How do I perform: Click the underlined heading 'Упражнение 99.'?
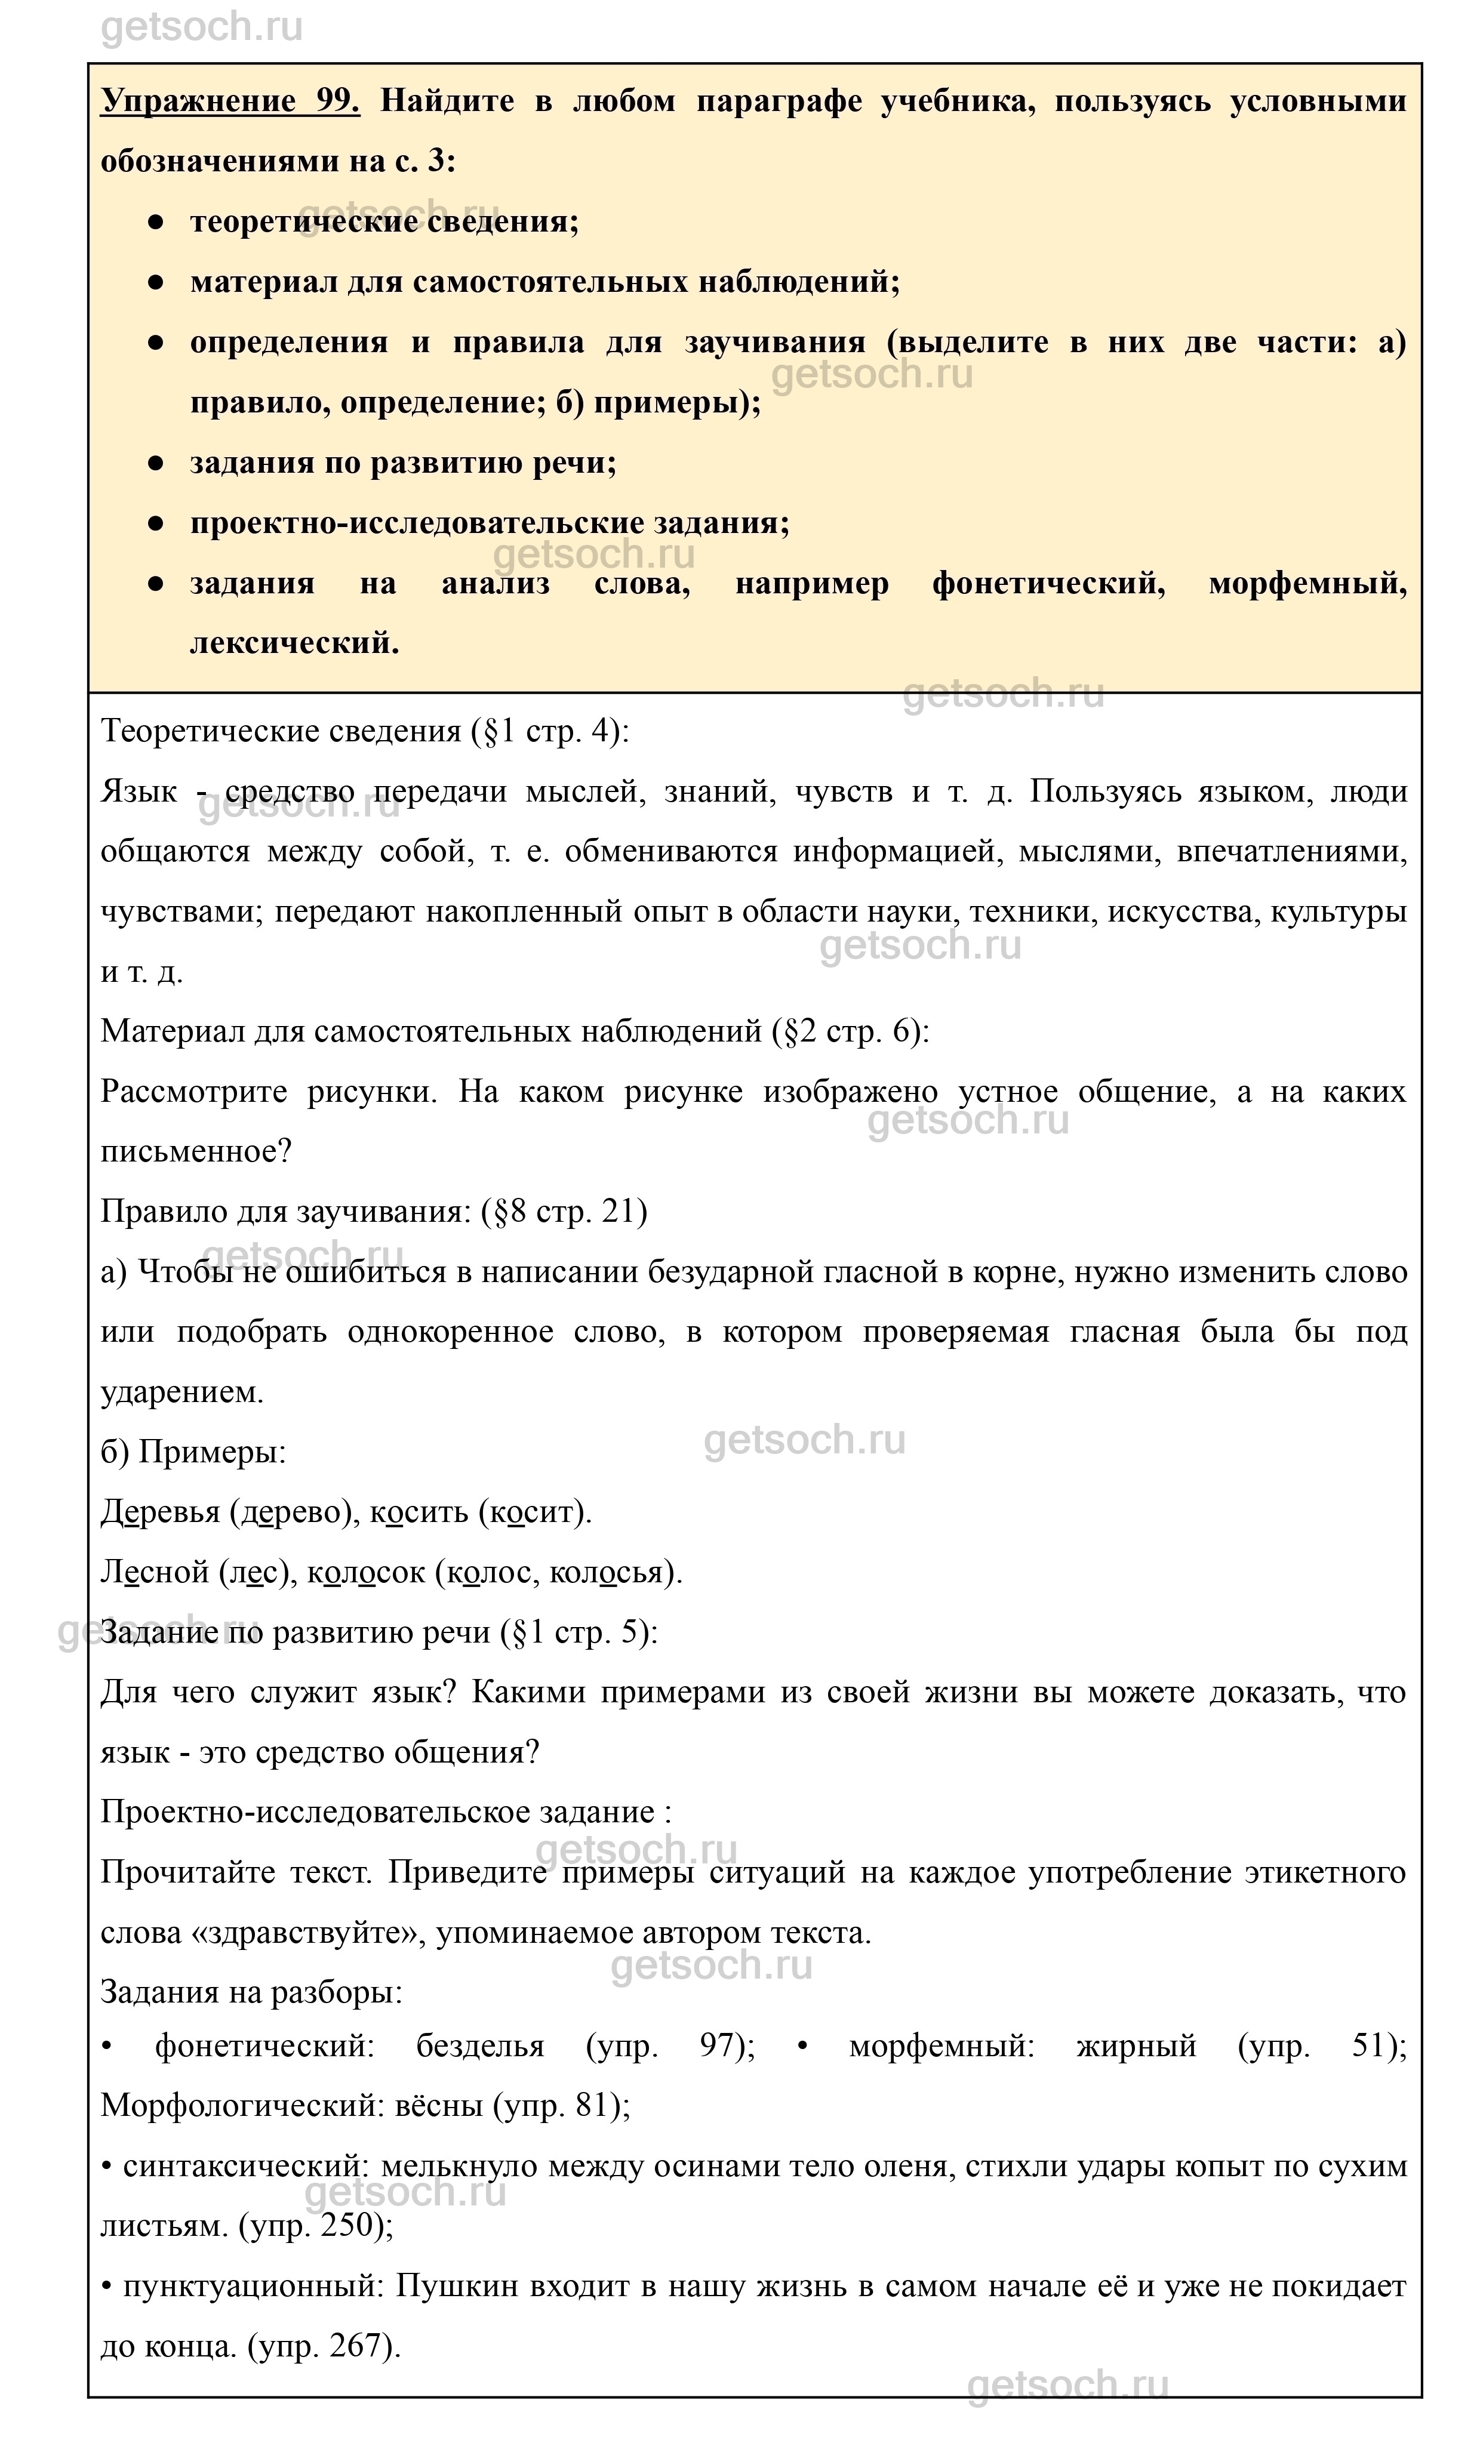coord(230,101)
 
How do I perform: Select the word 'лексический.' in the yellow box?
coord(294,643)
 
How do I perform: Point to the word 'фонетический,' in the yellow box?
coord(1048,583)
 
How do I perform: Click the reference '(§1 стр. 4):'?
coord(551,732)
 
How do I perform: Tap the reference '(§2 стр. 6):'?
coord(851,1032)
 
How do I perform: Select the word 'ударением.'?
coord(182,1392)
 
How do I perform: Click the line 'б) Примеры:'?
coord(193,1453)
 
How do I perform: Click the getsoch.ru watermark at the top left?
coord(202,27)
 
